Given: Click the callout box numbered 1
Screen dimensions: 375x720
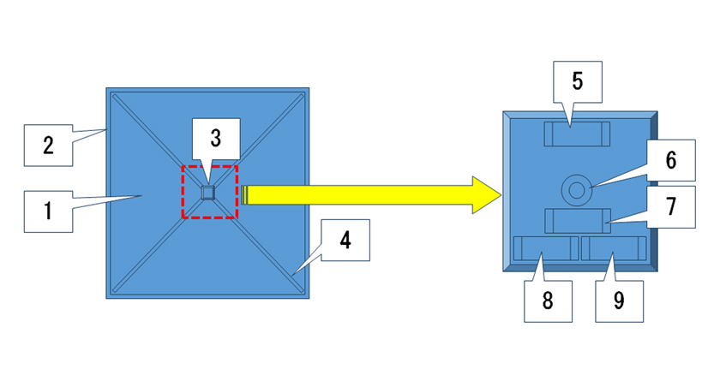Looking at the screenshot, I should click(47, 209).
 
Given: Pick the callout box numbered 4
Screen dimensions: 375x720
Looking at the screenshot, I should click(345, 241).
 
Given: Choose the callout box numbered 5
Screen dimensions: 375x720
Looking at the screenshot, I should click(577, 81).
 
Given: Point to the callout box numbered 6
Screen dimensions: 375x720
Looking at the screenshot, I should click(671, 160).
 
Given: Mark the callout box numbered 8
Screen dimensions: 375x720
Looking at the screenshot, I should click(547, 301).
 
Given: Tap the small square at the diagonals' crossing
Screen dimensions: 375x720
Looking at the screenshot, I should click(207, 193).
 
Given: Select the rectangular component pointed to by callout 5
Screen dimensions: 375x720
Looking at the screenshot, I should click(578, 134).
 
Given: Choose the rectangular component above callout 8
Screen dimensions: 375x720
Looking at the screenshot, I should click(545, 249).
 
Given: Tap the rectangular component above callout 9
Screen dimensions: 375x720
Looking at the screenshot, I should click(614, 249).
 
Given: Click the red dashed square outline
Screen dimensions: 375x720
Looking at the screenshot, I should click(183, 192).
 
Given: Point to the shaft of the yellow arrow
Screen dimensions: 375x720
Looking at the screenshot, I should click(351, 194).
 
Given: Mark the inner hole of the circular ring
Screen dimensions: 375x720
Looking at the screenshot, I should click(575, 187).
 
